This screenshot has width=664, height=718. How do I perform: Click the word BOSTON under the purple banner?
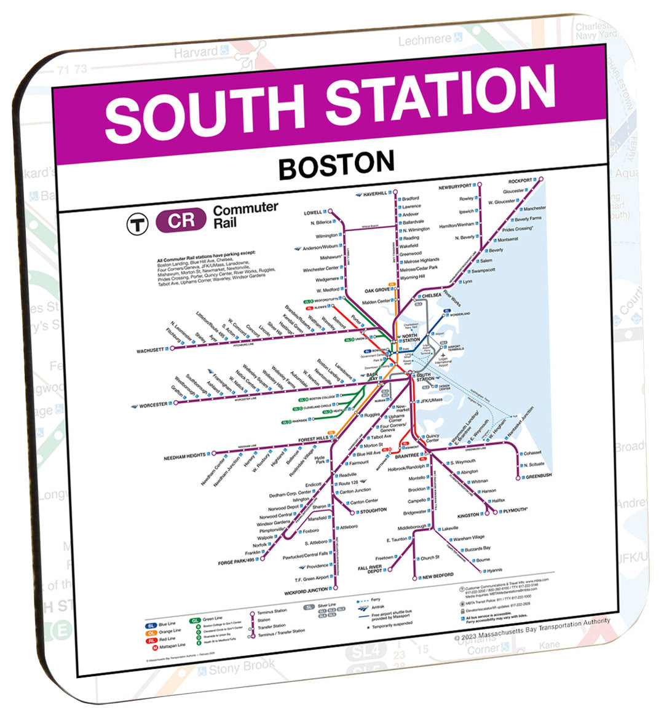(x=336, y=165)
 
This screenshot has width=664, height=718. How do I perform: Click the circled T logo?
(x=138, y=223)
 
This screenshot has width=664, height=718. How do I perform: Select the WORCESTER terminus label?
(x=153, y=406)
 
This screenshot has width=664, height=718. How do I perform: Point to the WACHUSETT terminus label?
(x=150, y=351)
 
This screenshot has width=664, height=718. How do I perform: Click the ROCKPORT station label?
(x=520, y=181)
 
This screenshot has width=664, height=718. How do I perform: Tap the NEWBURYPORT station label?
(x=455, y=186)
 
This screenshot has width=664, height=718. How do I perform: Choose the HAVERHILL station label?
(x=374, y=194)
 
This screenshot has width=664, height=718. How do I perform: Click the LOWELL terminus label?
(x=313, y=213)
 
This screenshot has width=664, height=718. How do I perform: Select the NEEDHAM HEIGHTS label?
(x=184, y=457)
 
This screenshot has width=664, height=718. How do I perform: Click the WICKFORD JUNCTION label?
(x=306, y=591)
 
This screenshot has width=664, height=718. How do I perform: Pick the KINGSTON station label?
(x=468, y=515)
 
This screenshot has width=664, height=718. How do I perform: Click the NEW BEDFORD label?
(x=438, y=575)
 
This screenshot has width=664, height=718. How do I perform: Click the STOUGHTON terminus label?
(x=373, y=510)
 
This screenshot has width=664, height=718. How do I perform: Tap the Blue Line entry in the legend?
(x=167, y=625)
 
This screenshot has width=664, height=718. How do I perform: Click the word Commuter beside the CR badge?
(x=245, y=210)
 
